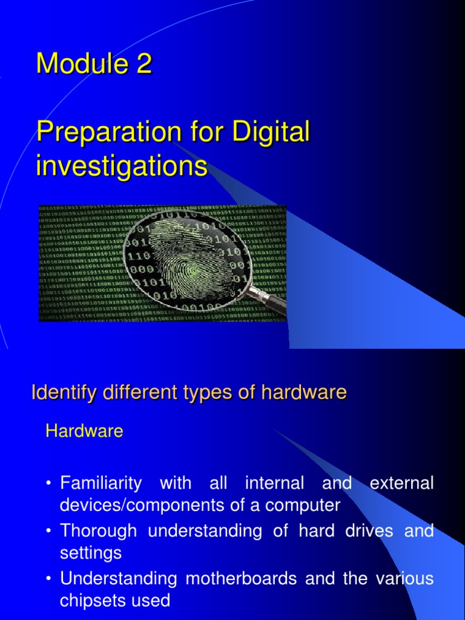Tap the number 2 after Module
coord(143,64)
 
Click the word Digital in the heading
coord(272,133)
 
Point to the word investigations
coord(122,166)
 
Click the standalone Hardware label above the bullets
coord(85,432)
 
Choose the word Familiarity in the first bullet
coord(101,484)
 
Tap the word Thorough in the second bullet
coord(99,531)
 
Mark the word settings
coord(91,553)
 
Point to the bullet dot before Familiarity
coord(48,484)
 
